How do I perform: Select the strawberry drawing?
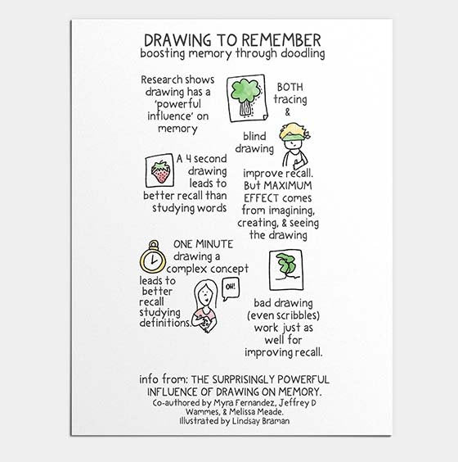pyautogui.click(x=160, y=171)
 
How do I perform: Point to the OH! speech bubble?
pyautogui.click(x=231, y=289)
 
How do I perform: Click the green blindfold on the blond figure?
pyautogui.click(x=292, y=137)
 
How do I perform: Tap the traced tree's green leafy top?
pyautogui.click(x=245, y=90)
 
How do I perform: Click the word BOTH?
pyautogui.click(x=290, y=87)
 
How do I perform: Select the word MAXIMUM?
pyautogui.click(x=288, y=186)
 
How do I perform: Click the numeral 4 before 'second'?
pyautogui.click(x=188, y=159)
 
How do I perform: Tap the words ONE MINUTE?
pyautogui.click(x=204, y=244)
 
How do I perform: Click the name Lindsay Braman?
pyautogui.click(x=261, y=421)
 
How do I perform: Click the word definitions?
pyautogui.click(x=165, y=323)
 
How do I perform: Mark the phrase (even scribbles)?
pyautogui.click(x=283, y=315)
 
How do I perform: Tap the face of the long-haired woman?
pyautogui.click(x=204, y=295)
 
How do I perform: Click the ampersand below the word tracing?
pyautogui.click(x=287, y=112)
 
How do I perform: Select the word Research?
pyautogui.click(x=157, y=79)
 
